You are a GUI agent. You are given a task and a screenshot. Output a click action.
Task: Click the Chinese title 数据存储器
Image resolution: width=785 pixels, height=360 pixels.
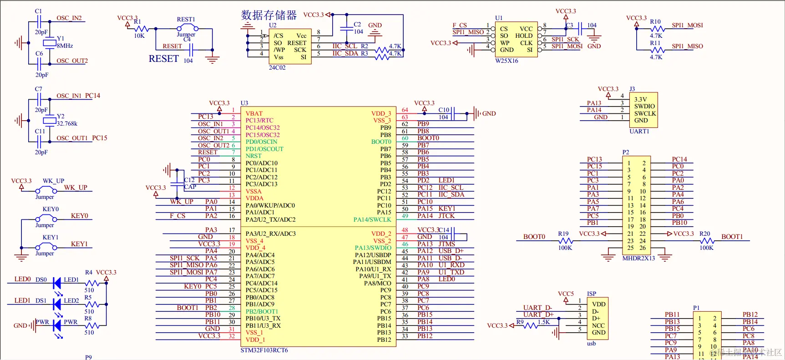coord(268,15)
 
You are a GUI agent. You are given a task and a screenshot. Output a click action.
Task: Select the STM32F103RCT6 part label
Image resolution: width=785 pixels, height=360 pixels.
coord(264,350)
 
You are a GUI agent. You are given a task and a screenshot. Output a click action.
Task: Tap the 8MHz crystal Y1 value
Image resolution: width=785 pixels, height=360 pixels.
coord(65,46)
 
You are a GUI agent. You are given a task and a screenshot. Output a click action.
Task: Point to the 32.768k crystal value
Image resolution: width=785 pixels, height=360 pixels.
coord(67,124)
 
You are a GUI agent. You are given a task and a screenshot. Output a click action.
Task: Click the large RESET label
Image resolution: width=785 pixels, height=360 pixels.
coord(164,59)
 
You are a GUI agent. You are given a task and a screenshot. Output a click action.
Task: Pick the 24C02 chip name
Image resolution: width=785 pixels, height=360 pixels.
coord(277,68)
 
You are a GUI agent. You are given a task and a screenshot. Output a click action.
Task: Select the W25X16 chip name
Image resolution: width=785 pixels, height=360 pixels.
coord(506,61)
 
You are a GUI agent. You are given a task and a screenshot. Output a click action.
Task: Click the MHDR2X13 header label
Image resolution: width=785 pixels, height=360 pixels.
coord(638,258)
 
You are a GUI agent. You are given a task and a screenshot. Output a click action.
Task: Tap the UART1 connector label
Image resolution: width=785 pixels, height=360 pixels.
coord(639,132)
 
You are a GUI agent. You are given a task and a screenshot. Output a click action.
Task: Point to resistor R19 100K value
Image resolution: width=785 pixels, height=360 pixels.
coord(565,248)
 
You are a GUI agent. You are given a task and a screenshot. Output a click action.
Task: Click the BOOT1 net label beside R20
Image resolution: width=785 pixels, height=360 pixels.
coord(732,237)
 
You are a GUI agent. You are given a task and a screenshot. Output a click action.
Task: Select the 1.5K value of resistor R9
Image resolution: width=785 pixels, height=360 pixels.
coord(544,322)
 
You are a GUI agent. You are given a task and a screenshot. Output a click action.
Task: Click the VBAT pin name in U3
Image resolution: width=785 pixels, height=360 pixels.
coord(254,114)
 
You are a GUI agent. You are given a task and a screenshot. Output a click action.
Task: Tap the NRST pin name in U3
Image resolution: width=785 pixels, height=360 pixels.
coord(253,156)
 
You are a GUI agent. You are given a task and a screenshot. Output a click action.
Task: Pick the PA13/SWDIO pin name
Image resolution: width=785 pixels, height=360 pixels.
coord(373,248)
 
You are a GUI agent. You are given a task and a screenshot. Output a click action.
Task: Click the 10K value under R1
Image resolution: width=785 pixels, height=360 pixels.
coord(139,36)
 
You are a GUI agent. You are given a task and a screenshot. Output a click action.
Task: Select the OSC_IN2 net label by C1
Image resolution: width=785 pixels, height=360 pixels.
coord(69,18)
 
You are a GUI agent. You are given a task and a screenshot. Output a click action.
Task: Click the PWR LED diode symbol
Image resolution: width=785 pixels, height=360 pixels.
coord(57,325)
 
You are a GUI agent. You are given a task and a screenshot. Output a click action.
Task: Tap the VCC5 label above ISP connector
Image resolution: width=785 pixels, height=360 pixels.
coord(566,294)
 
